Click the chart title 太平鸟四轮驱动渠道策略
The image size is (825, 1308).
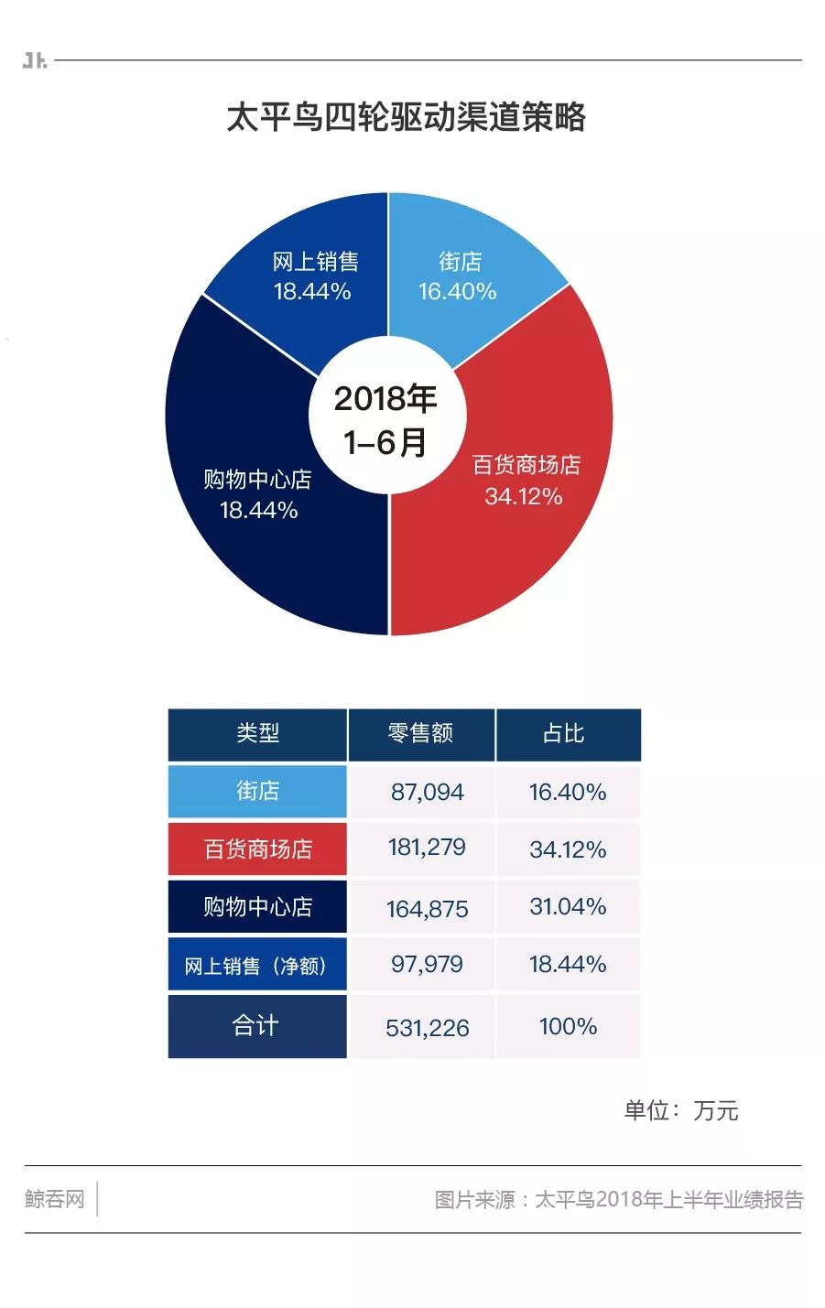tap(406, 118)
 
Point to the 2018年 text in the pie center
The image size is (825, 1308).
tap(385, 399)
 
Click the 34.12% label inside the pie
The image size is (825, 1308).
tap(524, 497)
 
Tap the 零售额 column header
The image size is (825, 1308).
tap(421, 734)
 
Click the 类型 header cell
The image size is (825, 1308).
tap(257, 734)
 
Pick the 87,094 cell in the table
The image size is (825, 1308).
tap(428, 792)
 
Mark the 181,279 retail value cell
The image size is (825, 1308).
tap(428, 848)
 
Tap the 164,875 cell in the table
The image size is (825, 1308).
tap(428, 909)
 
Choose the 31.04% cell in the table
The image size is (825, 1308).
tap(568, 907)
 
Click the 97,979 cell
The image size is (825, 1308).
tap(428, 965)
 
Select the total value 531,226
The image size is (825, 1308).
tap(428, 1028)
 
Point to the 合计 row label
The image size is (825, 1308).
tap(255, 1025)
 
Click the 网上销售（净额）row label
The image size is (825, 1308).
tap(256, 966)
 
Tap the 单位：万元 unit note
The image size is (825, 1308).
tap(680, 1111)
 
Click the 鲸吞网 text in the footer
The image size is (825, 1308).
tap(55, 1199)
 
